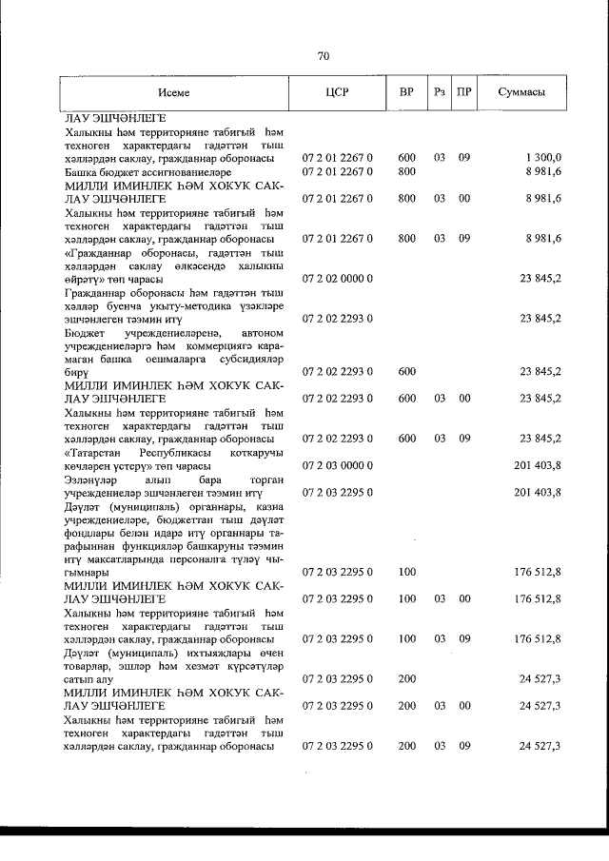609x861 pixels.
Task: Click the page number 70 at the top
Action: [323, 57]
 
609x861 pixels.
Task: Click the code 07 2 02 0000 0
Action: [337, 280]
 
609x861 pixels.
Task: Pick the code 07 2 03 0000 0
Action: [337, 465]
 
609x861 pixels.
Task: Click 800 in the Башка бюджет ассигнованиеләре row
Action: [406, 171]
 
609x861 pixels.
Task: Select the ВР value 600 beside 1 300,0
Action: [406, 157]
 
